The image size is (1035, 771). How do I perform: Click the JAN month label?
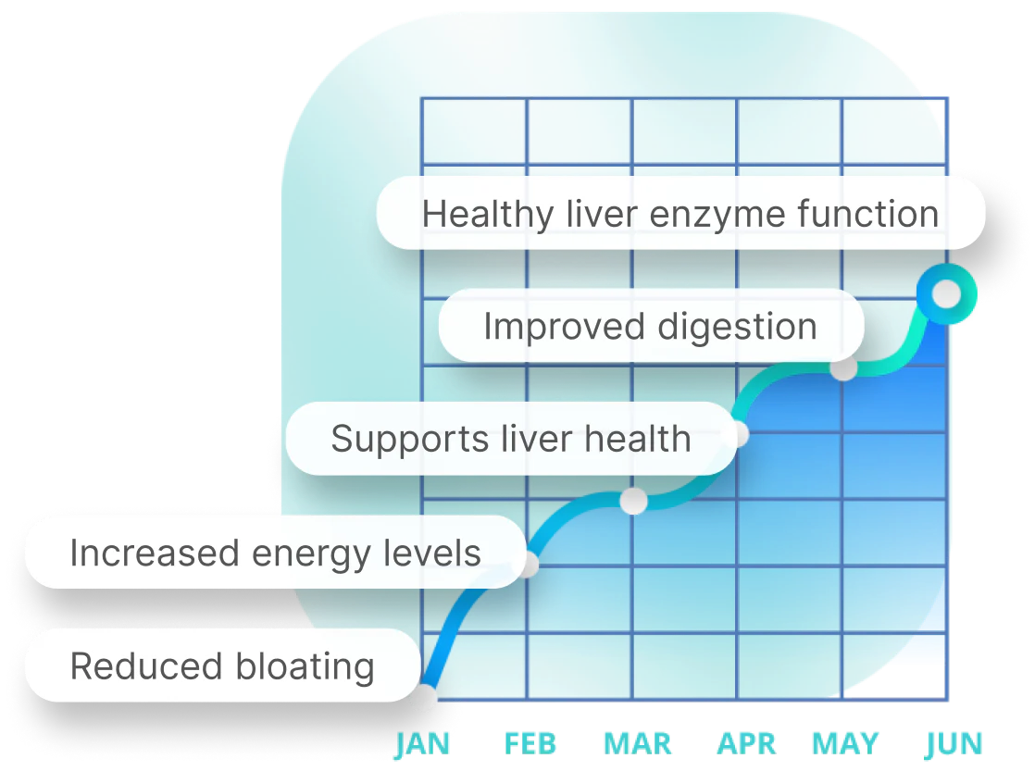pyautogui.click(x=422, y=744)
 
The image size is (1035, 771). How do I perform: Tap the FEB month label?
pyautogui.click(x=530, y=744)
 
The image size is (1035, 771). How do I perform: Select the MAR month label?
pyautogui.click(x=638, y=744)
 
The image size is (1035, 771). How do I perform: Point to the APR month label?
pyautogui.click(x=746, y=744)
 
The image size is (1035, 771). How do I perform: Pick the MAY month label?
pyautogui.click(x=845, y=744)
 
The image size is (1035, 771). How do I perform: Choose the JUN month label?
pyautogui.click(x=954, y=744)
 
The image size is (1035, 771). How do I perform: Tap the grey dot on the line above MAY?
pyautogui.click(x=843, y=367)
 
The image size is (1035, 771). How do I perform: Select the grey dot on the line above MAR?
pyautogui.click(x=633, y=501)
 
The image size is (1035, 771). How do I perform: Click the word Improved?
pyautogui.click(x=565, y=328)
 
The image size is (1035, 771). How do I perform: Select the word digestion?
pyautogui.click(x=737, y=328)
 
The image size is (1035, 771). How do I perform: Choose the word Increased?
pyautogui.click(x=155, y=553)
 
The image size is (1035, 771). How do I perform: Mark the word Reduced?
pyautogui.click(x=146, y=666)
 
